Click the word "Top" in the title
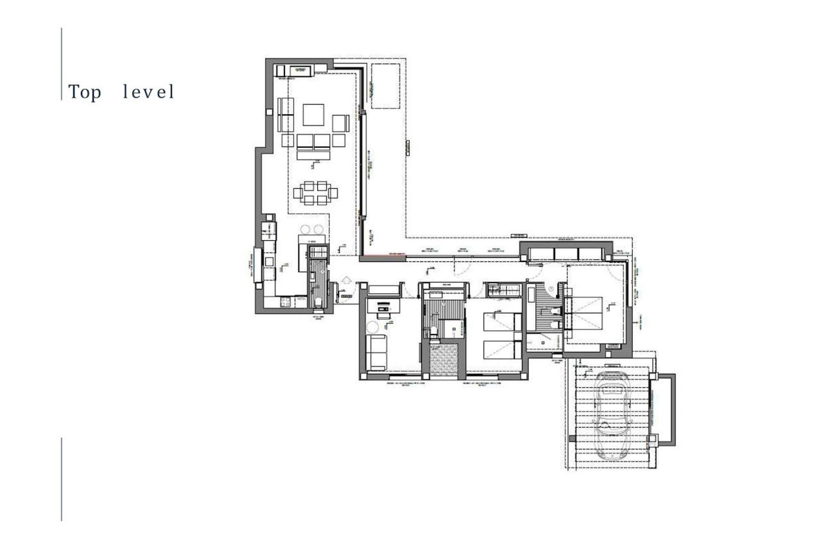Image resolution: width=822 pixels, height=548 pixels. coord(85,92)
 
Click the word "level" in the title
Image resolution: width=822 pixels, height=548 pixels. coord(148,92)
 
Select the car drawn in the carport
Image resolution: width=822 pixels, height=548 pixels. coord(611,415)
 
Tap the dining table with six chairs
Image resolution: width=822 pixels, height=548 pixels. coord(316,193)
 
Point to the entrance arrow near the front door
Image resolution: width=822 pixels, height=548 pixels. coord(346,281)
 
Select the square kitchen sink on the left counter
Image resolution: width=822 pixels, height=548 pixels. coord(269,261)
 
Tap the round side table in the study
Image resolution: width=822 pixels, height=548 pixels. coord(372,328)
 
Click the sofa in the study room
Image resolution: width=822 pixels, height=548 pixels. coord(376,353)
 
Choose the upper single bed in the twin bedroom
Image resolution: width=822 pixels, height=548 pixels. coord(502,322)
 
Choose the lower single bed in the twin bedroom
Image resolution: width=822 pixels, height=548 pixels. coord(502,349)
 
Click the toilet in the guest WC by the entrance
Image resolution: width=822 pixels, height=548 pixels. coord(318,303)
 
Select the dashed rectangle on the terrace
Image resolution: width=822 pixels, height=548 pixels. coord(385,86)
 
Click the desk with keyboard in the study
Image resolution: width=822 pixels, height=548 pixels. coord(383,307)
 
